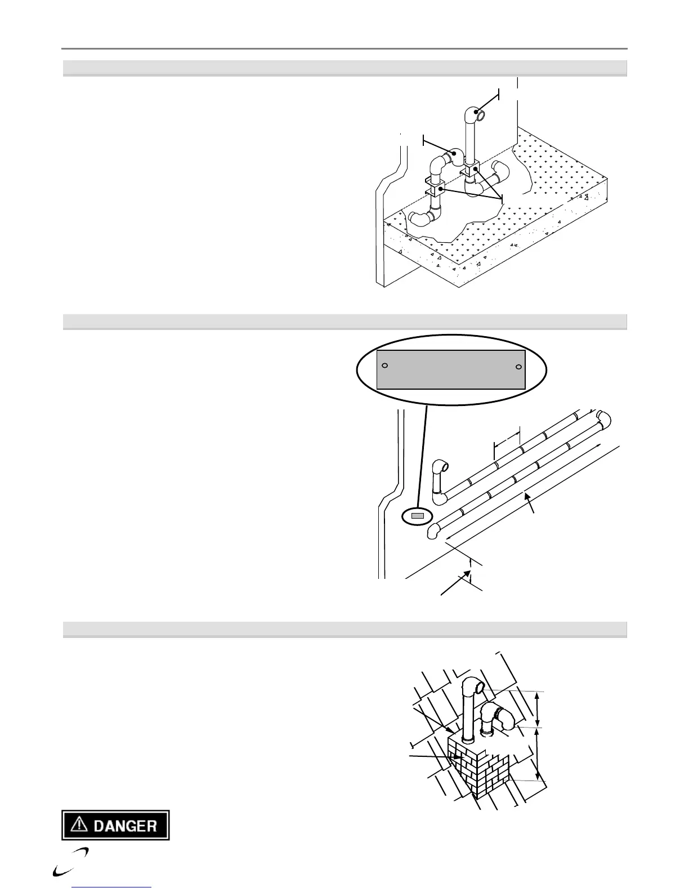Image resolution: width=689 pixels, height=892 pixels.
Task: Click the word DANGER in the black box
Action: click(124, 826)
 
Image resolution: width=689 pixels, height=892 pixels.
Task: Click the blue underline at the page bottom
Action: click(112, 888)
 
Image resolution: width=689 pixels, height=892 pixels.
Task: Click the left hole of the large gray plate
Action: click(384, 365)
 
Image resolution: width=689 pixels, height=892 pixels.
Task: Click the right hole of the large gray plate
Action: click(518, 367)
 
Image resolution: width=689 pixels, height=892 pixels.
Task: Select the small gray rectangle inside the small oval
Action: click(417, 515)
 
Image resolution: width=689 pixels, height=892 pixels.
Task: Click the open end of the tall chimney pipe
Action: click(479, 688)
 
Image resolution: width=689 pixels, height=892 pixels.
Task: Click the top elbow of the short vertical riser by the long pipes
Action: click(440, 467)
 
